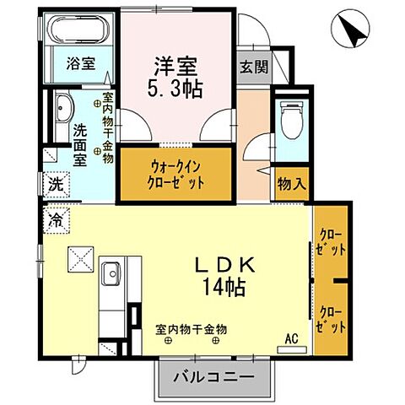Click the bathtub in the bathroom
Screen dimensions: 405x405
point(78,30)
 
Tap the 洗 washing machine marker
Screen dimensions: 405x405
point(55,183)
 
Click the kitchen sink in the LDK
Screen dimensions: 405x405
point(111,274)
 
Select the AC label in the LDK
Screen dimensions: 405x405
point(292,340)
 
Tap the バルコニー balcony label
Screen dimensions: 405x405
point(214,376)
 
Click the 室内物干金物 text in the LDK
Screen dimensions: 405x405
point(196,329)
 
